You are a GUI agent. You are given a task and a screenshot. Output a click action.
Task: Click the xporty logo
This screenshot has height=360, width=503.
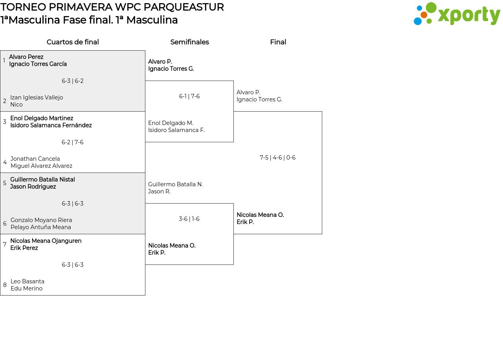(457, 14)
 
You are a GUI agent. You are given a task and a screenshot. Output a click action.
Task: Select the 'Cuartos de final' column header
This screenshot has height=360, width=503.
(73, 42)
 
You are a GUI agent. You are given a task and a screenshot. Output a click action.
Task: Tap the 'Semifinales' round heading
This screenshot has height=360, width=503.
(189, 42)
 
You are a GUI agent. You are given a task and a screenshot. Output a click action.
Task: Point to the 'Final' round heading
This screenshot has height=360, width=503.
(278, 42)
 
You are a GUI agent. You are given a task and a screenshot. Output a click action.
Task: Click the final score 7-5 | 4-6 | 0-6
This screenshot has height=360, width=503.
(277, 158)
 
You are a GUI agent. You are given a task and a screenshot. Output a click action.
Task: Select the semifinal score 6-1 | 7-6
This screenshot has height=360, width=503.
(189, 96)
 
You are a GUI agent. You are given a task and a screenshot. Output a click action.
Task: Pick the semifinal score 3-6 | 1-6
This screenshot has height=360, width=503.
(189, 219)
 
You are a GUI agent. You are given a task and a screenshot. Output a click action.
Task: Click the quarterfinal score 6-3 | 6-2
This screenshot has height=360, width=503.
(73, 81)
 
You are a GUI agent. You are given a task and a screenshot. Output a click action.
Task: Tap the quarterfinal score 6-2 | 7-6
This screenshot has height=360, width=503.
(73, 142)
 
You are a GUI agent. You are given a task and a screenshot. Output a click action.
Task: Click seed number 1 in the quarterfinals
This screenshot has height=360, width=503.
(4, 61)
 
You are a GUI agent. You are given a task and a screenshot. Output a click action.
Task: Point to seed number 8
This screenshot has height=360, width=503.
(5, 285)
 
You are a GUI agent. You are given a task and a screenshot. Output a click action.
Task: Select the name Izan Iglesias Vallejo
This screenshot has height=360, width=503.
(37, 97)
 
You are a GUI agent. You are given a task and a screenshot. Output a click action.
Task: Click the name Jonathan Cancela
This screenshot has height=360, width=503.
(35, 159)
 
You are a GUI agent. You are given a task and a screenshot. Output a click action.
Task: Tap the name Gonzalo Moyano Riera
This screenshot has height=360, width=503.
(41, 220)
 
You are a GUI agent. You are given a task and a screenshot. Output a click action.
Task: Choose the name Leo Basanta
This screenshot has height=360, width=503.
(28, 281)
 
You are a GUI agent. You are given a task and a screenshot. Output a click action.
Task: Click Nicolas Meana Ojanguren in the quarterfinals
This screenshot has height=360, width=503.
(46, 241)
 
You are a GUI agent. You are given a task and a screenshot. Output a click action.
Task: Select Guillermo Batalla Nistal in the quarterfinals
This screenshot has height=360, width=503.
(42, 180)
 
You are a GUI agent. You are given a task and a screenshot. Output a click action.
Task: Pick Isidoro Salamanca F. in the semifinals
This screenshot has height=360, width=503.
(176, 130)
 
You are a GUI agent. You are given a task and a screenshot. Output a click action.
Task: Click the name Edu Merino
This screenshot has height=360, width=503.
(27, 288)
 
